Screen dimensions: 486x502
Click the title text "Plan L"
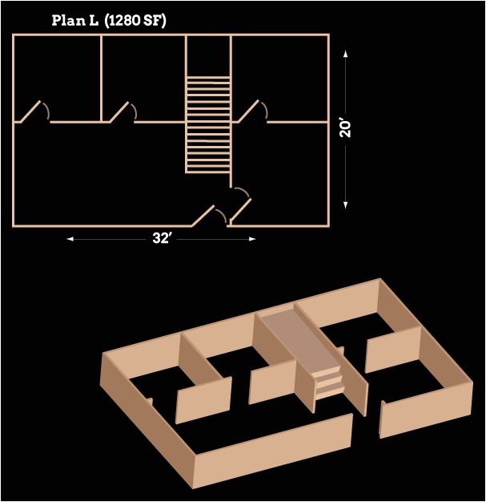pyautogui.click(x=74, y=21)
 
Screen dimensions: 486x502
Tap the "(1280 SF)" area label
pyautogui.click(x=135, y=21)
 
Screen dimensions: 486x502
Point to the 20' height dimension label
pyautogui.click(x=345, y=128)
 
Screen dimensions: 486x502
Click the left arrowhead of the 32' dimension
pyautogui.click(x=70, y=239)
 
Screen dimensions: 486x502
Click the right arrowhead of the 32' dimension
pyautogui.click(x=252, y=239)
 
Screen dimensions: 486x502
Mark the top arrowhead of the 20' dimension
pyautogui.click(x=345, y=54)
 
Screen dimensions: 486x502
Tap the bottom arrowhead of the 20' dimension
pyautogui.click(x=345, y=205)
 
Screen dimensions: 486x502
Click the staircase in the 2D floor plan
pyautogui.click(x=208, y=124)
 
